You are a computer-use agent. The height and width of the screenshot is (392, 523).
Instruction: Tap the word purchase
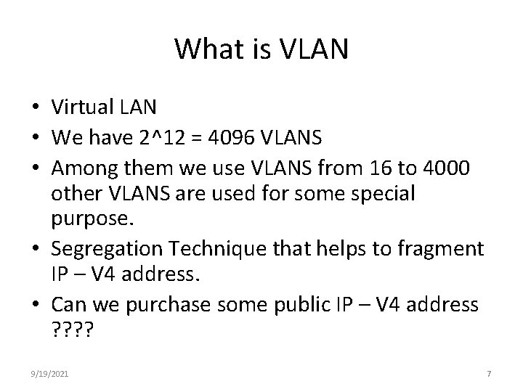pos(185,304)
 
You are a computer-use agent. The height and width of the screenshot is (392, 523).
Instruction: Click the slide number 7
pos(489,373)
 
